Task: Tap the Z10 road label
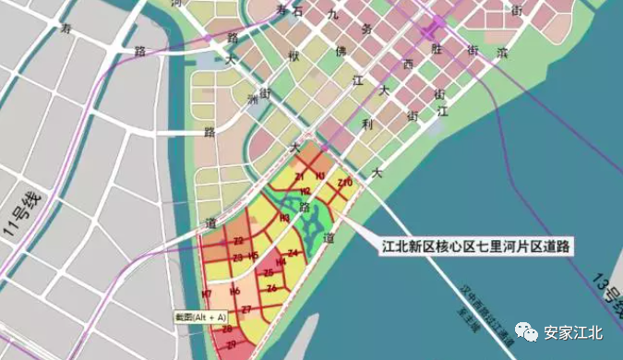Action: [x=345, y=184]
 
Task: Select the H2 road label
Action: [x=306, y=191]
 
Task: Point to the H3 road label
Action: [x=284, y=218]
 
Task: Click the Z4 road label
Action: [x=293, y=252]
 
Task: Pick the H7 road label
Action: [x=207, y=294]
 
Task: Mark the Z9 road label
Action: [x=231, y=344]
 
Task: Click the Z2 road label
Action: [x=238, y=241]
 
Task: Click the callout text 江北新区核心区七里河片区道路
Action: [x=477, y=246]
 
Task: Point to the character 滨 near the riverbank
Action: [x=502, y=54]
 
